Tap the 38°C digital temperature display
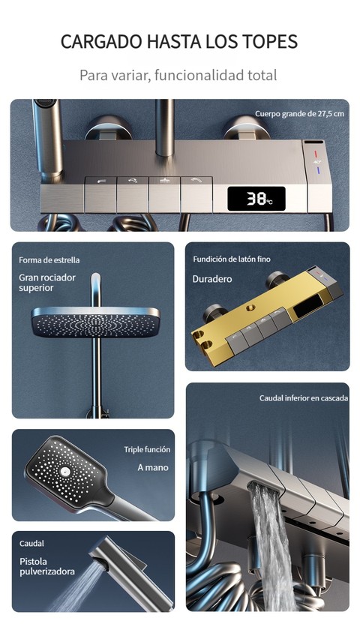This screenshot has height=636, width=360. (256, 199)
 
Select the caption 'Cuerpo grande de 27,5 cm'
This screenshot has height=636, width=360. (299, 114)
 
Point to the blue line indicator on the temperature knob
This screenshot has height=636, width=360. (317, 169)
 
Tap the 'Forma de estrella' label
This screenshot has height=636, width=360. (49, 260)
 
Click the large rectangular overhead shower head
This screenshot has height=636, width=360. (95, 322)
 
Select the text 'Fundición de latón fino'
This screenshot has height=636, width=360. (232, 259)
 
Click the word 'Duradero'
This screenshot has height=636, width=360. (212, 279)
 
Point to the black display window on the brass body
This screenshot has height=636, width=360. (310, 304)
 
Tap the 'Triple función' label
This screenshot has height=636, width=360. (147, 449)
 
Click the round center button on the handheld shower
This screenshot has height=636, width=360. (64, 471)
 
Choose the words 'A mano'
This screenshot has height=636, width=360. (153, 468)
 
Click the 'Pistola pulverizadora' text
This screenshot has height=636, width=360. (47, 567)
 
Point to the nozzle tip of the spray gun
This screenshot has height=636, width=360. (101, 562)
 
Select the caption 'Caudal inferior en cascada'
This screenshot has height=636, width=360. (304, 398)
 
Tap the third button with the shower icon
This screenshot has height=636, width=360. (164, 195)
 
